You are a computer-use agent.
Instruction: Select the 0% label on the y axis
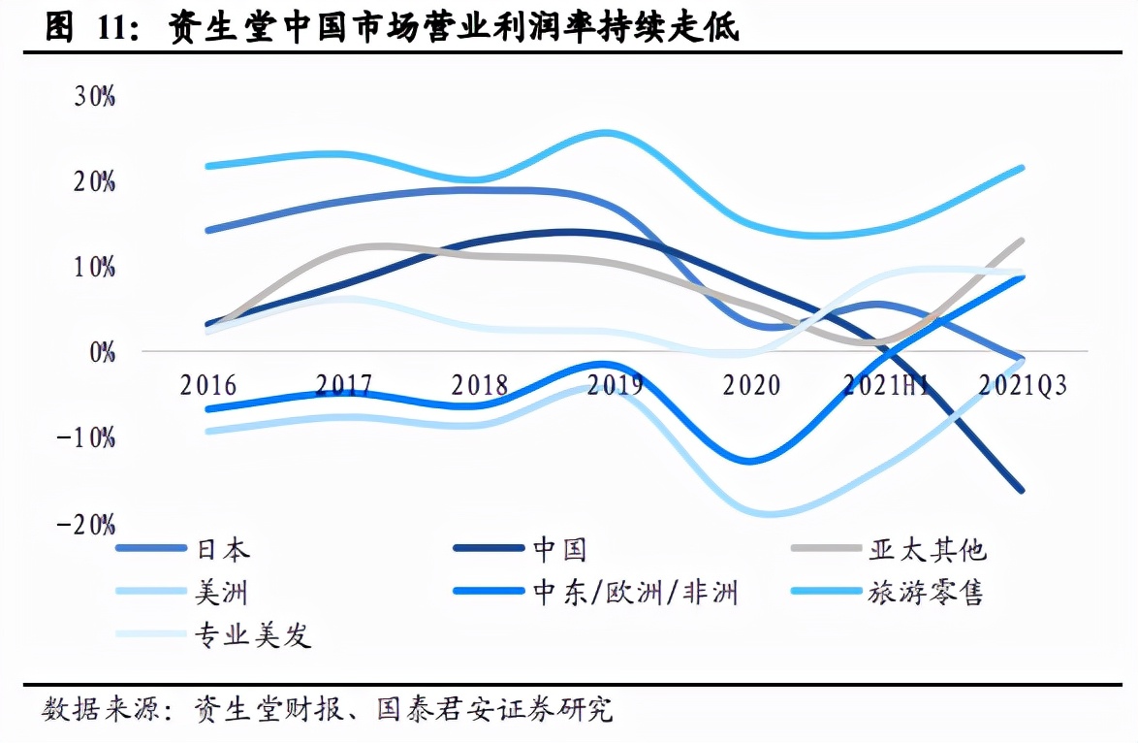[102, 352]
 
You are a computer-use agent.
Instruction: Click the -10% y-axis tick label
[87, 438]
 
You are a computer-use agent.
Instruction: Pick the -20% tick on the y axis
[87, 525]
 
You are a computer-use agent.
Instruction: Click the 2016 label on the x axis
[208, 385]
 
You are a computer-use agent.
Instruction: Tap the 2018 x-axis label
[480, 385]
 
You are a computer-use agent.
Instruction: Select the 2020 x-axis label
[751, 385]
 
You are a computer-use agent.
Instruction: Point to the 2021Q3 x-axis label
[1023, 385]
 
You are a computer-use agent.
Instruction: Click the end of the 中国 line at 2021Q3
[1022, 490]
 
